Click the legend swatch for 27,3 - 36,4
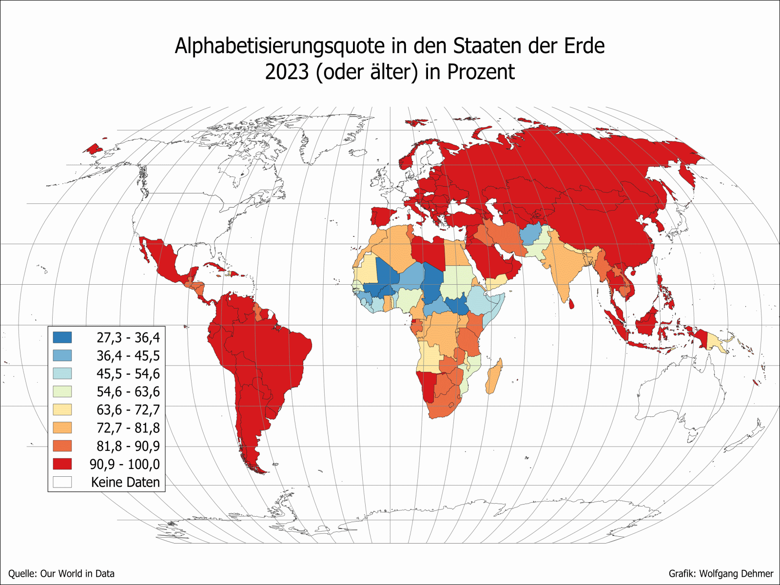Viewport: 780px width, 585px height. pyautogui.click(x=62, y=337)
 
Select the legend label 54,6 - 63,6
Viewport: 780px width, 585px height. pyautogui.click(x=128, y=391)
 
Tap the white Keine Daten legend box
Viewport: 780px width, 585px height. pyautogui.click(x=62, y=482)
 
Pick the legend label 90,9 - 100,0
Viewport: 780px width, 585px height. pyautogui.click(x=124, y=464)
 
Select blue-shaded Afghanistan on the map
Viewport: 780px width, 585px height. pyautogui.click(x=530, y=234)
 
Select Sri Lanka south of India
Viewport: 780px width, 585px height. pyautogui.click(x=571, y=304)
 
